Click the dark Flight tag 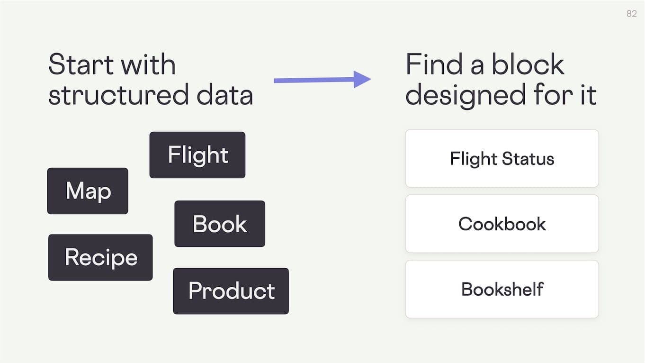[x=197, y=155]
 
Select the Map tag [x=88, y=191]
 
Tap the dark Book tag [x=220, y=224]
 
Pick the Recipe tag [x=100, y=257]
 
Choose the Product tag [x=231, y=291]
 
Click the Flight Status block [x=502, y=158]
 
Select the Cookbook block [x=502, y=224]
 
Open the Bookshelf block [x=502, y=289]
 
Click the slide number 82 [x=631, y=14]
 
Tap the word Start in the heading [x=81, y=64]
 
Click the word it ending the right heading [x=588, y=95]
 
